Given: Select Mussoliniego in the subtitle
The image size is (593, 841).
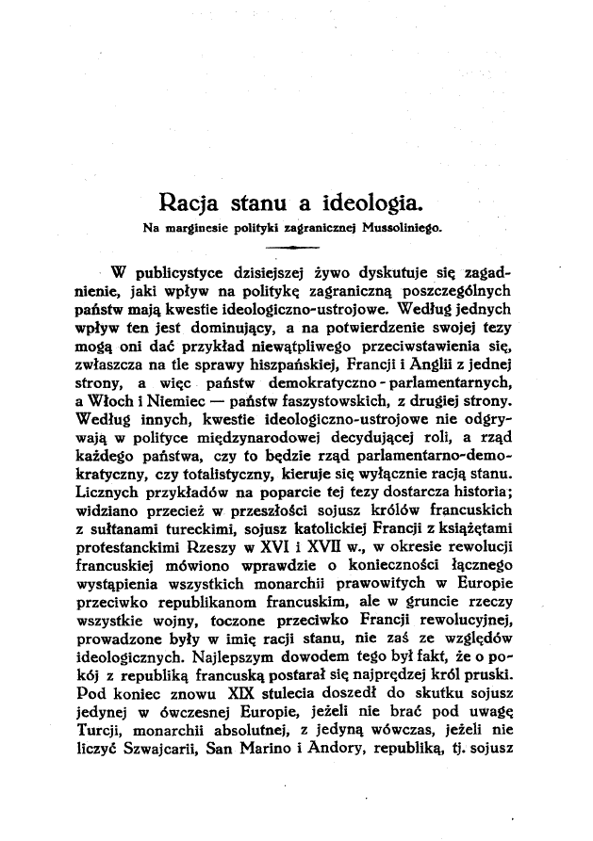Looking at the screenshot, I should point(402,227).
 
